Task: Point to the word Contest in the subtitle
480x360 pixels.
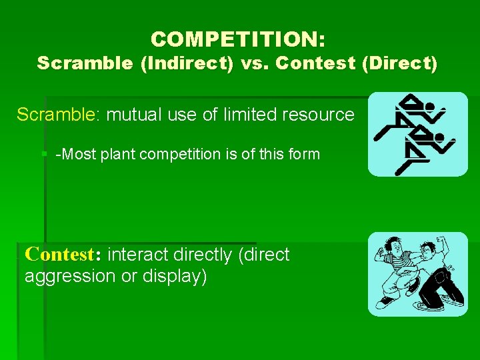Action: [x=312, y=64]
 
